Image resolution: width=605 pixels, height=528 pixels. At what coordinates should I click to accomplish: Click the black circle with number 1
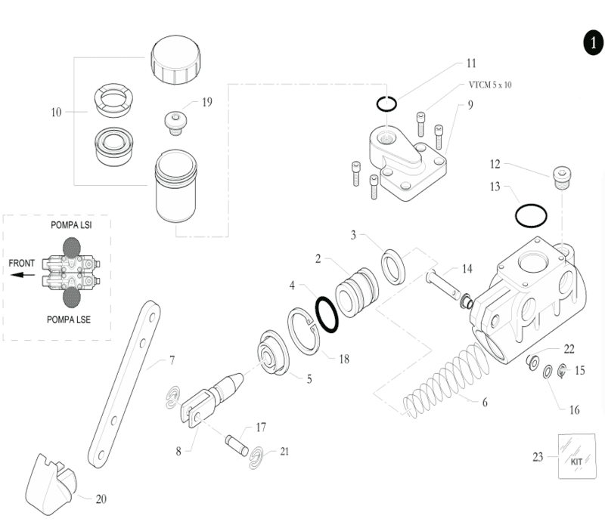(593, 43)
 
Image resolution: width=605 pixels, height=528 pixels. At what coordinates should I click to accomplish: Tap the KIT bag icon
(577, 456)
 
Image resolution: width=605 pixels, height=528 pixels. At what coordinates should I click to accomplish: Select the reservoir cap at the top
(176, 60)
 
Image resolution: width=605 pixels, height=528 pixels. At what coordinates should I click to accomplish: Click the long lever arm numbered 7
(124, 384)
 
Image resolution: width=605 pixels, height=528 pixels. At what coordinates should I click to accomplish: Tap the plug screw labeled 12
(563, 178)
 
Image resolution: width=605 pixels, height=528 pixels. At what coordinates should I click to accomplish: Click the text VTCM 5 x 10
(490, 85)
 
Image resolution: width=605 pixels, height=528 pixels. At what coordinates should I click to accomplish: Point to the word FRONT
(22, 263)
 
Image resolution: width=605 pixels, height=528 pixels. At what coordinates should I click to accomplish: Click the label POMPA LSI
(71, 225)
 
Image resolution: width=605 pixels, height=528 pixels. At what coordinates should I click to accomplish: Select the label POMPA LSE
(69, 320)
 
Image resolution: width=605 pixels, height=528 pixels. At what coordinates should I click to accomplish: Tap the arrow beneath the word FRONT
(23, 275)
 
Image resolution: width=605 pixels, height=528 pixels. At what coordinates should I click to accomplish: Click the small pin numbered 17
(237, 445)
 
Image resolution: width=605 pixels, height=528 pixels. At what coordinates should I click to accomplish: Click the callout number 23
(538, 457)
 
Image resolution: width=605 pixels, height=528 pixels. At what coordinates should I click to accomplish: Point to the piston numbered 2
(357, 292)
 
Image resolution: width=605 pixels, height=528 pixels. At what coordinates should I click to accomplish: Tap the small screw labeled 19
(175, 123)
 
